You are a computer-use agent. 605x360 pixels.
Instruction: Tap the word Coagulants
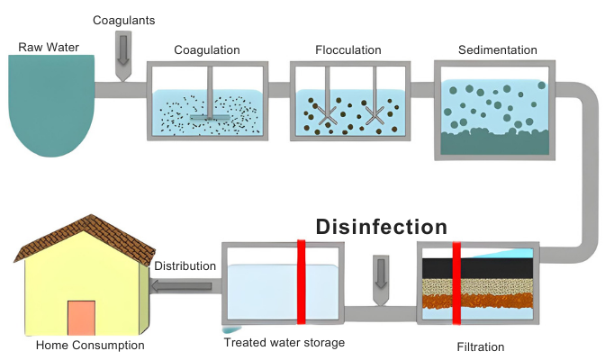click(x=123, y=20)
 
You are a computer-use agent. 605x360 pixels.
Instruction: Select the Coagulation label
click(x=207, y=50)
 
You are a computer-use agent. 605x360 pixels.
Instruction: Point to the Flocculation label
click(x=348, y=50)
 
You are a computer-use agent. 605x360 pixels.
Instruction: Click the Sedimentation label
click(x=498, y=50)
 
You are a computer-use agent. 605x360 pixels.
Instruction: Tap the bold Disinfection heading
click(x=381, y=227)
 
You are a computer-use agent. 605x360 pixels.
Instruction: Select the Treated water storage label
click(x=284, y=342)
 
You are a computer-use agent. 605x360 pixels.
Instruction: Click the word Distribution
click(x=185, y=266)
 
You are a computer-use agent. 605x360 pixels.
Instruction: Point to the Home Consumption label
click(x=90, y=345)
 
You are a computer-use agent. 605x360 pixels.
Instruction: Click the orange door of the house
click(x=81, y=317)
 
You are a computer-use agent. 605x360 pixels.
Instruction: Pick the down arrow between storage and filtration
click(x=381, y=274)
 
